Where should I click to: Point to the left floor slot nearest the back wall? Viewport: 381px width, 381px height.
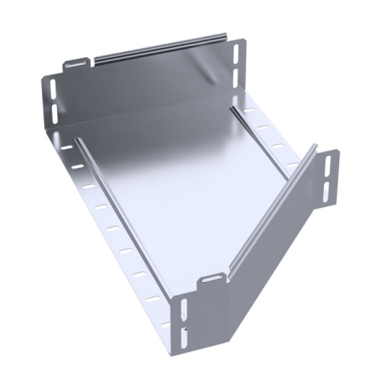click(x=69, y=146)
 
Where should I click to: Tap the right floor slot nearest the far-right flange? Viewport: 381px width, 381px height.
click(x=293, y=163)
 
